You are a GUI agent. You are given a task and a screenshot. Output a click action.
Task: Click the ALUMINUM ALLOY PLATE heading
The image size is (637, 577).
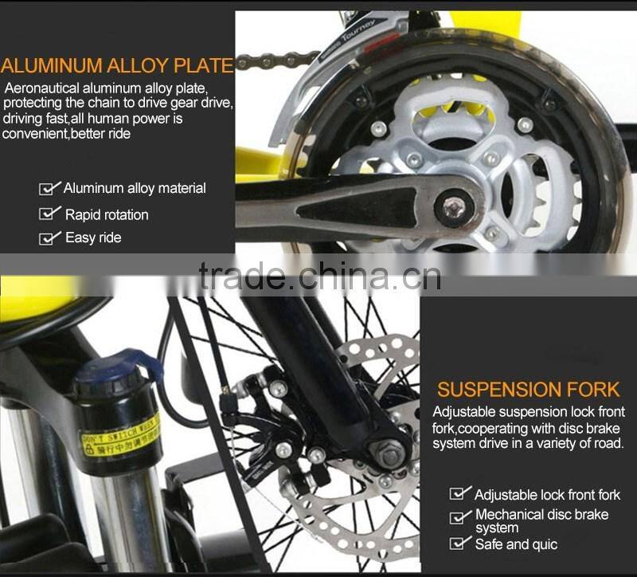[117, 65]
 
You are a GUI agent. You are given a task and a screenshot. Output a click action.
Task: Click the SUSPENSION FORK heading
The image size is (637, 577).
[528, 390]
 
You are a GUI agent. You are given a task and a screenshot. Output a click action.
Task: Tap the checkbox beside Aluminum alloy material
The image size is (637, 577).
[49, 189]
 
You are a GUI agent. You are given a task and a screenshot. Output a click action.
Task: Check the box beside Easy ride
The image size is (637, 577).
[49, 237]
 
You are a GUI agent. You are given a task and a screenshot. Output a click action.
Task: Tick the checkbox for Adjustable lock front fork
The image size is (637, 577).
[460, 494]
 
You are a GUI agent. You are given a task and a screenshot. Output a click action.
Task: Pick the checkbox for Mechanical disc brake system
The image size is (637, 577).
[460, 518]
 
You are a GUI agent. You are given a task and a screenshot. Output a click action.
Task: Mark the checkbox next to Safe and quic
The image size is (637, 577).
[460, 544]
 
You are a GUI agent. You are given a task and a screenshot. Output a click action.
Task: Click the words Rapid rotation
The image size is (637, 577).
[107, 214]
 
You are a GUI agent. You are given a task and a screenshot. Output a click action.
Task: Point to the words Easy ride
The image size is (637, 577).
[93, 237]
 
